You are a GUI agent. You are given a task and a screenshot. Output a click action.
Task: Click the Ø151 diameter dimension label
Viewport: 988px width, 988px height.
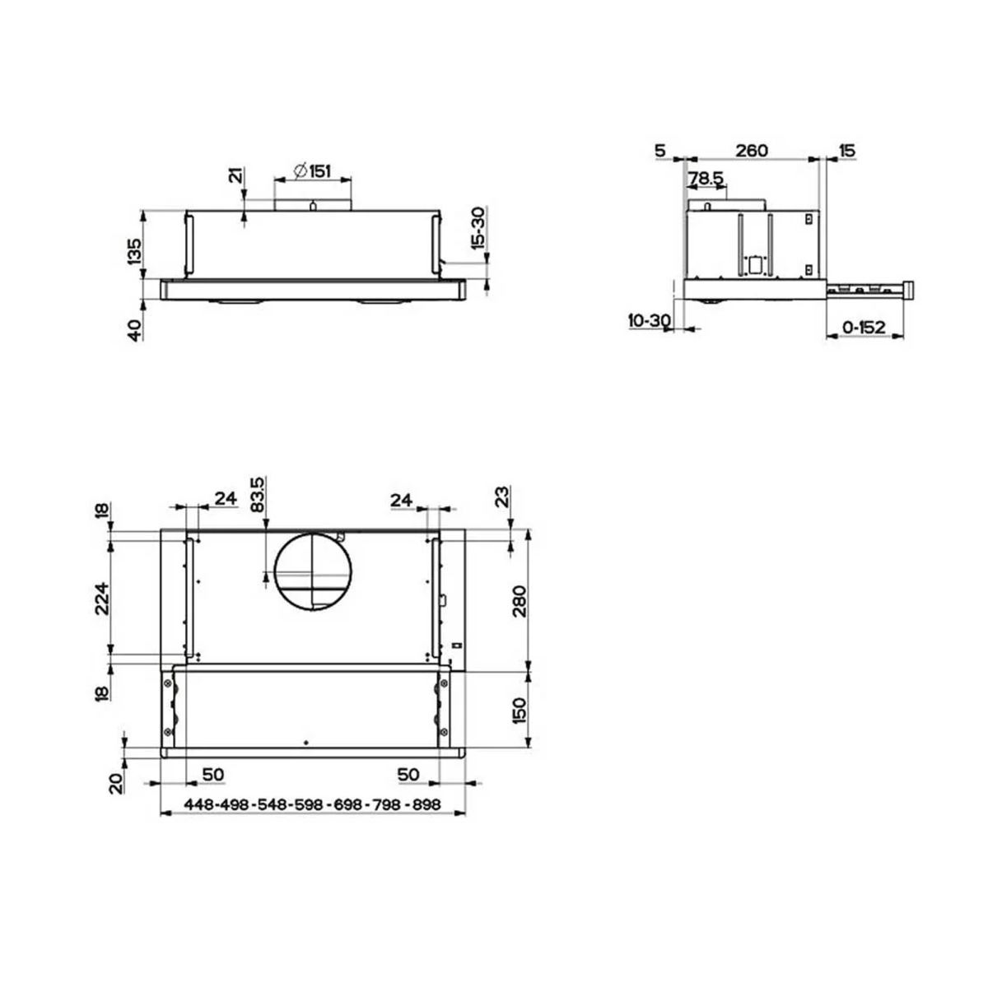312,171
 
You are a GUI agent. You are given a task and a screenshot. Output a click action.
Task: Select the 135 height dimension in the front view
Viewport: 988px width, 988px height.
134,251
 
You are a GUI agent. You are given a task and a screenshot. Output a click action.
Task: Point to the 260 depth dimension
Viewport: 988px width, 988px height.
752,151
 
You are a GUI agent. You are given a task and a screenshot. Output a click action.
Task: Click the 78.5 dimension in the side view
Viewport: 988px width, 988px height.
705,178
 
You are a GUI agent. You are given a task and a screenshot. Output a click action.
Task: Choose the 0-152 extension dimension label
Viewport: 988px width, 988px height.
864,327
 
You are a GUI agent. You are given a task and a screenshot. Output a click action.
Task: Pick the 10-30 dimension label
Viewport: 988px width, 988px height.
649,321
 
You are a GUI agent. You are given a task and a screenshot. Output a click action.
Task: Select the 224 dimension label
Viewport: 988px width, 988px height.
102,599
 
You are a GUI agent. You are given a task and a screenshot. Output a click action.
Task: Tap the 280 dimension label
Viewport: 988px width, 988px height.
520,601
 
